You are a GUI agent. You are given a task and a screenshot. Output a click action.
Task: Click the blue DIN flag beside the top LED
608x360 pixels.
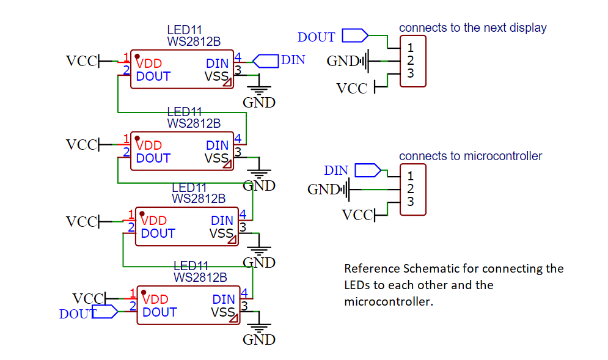coord(265,60)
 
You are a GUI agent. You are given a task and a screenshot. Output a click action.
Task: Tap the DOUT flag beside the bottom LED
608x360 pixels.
coord(104,312)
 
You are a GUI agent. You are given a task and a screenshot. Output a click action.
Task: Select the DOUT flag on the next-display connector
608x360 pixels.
coord(354,35)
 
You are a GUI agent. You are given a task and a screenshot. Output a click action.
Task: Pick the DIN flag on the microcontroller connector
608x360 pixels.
coord(367,169)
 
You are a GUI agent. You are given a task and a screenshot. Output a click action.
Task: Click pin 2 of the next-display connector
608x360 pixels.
coord(411,61)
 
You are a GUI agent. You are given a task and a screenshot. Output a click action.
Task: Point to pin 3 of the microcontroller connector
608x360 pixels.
coord(411,202)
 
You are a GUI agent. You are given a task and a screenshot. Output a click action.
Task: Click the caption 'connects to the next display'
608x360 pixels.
coord(472,28)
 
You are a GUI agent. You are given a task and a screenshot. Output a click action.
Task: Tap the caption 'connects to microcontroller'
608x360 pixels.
coord(471,156)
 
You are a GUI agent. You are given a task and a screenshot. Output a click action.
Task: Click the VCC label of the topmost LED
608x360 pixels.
coord(81,61)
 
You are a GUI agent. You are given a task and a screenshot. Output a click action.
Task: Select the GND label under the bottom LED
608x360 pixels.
coord(259,340)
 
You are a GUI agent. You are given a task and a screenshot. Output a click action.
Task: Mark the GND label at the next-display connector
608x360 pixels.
coord(343,61)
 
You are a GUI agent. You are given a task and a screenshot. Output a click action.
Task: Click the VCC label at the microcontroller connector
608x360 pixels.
coord(357,215)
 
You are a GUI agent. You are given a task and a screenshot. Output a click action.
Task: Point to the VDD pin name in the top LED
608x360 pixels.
coord(148,63)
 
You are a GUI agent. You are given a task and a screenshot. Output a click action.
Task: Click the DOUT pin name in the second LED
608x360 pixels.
coord(153,158)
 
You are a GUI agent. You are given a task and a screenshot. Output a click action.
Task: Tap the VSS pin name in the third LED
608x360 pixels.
coord(221,233)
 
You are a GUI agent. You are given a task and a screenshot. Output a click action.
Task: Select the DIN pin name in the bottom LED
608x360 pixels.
coord(224,299)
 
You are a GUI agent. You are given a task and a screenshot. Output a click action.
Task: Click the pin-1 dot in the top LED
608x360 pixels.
coord(137,57)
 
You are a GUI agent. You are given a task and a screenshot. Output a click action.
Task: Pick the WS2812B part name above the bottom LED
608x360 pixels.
coord(200,277)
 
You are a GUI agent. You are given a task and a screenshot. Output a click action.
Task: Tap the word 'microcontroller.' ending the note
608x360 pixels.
coord(388,301)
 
